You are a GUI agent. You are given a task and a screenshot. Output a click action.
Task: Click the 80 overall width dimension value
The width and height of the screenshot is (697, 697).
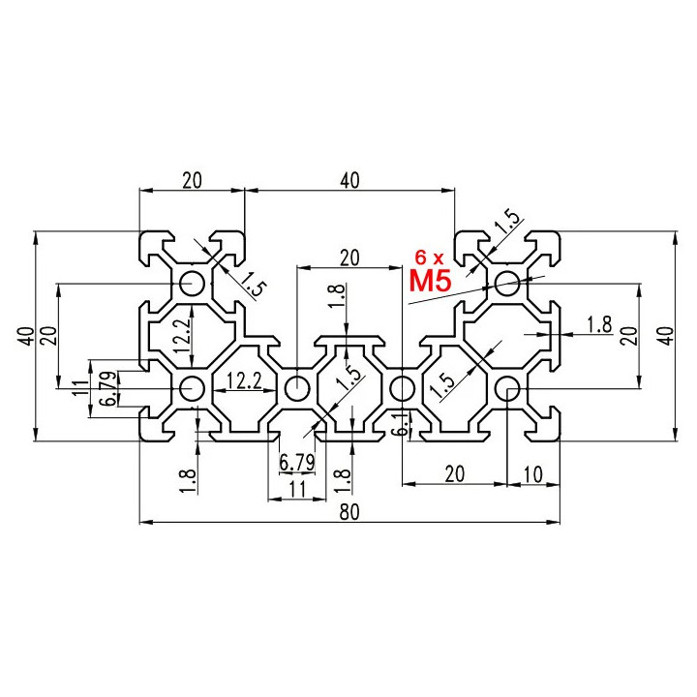[348, 512]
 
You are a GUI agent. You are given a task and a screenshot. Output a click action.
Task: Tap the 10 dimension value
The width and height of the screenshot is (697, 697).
[533, 474]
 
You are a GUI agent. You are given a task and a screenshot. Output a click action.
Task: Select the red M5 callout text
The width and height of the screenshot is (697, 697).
[430, 281]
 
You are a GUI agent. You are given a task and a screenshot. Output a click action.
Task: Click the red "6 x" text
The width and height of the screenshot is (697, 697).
[429, 257]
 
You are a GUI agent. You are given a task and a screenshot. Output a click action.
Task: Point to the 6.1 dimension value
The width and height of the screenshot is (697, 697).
[403, 423]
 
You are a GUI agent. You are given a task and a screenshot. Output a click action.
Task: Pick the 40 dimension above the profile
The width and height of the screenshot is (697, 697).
[349, 180]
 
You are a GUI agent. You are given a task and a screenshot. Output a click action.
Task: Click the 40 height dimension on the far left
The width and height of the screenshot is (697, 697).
[27, 336]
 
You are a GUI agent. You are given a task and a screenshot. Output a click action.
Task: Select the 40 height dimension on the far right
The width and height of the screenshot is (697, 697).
[668, 336]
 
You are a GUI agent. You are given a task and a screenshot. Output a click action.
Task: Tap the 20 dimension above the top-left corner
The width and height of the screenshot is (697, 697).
[192, 180]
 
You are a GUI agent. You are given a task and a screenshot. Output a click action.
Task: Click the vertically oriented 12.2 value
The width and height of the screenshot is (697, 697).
[183, 336]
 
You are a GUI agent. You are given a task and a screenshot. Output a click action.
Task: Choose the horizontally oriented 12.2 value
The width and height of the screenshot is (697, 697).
[244, 381]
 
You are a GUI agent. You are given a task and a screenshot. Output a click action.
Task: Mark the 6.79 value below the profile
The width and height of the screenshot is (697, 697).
[296, 463]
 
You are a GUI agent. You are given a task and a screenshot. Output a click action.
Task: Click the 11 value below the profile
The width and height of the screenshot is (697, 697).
[297, 490]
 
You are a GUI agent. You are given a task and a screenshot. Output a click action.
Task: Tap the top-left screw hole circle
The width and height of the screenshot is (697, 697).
[192, 283]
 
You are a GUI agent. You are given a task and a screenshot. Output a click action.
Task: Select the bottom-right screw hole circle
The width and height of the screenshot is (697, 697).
[507, 388]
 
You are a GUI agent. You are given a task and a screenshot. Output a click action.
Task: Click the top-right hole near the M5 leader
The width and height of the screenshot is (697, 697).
[507, 283]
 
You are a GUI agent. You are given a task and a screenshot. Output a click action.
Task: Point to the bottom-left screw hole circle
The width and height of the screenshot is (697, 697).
[192, 388]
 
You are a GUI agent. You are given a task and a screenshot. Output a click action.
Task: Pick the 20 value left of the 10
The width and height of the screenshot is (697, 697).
[454, 474]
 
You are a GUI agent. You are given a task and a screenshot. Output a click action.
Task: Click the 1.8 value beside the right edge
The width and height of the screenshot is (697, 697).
[599, 325]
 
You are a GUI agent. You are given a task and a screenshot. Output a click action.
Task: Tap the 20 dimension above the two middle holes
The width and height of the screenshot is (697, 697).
[349, 258]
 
